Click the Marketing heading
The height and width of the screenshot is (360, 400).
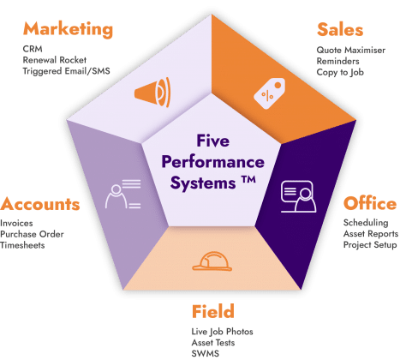(68, 29)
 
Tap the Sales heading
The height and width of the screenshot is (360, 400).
(340, 29)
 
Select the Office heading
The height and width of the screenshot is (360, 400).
(370, 203)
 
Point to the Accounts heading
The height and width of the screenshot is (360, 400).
(40, 204)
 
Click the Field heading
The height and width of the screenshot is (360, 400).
(213, 311)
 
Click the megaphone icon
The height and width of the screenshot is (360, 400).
(152, 92)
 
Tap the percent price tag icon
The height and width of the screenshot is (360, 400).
(269, 93)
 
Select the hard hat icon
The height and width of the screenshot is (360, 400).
(212, 261)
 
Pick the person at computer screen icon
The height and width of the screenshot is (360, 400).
(298, 196)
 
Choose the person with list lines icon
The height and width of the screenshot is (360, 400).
(123, 194)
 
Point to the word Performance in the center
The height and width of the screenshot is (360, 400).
(213, 162)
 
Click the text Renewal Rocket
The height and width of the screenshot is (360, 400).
(55, 60)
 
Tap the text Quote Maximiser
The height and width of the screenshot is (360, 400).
(351, 51)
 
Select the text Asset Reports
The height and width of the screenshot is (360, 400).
(371, 234)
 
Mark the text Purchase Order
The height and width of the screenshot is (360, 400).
(32, 234)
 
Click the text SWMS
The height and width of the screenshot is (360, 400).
(206, 353)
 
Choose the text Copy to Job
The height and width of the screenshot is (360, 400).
(340, 73)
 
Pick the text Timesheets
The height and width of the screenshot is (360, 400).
(22, 245)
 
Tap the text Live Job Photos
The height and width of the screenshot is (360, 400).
(222, 332)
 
